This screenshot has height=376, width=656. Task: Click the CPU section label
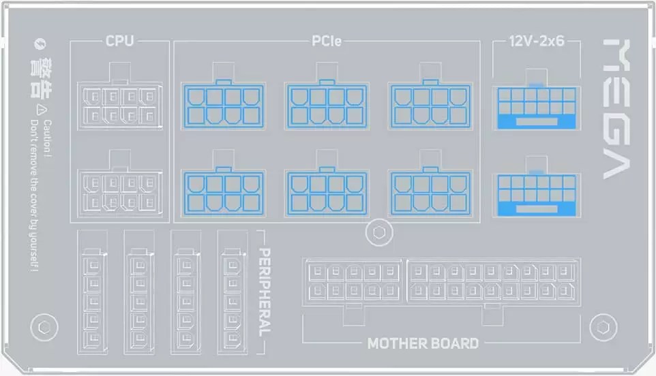[119, 41]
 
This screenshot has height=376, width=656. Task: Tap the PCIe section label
[327, 41]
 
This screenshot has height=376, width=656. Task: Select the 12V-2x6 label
[537, 41]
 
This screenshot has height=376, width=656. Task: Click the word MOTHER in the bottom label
[396, 343]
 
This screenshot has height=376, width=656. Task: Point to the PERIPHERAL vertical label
[265, 292]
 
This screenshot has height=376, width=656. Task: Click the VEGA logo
[616, 108]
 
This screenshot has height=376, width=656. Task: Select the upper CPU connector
[120, 106]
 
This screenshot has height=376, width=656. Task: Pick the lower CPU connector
[120, 193]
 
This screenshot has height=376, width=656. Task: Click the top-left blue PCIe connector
[224, 106]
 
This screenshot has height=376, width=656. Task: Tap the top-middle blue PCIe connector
[327, 106]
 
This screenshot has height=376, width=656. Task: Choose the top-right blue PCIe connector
[430, 106]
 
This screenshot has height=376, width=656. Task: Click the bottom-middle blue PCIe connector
[327, 193]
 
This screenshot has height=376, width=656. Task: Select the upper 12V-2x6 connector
[537, 108]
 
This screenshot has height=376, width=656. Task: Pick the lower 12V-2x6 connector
[537, 194]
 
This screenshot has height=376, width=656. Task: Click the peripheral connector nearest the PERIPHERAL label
[233, 300]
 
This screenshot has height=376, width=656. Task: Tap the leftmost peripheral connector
[93, 300]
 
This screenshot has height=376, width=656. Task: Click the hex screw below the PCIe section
[379, 232]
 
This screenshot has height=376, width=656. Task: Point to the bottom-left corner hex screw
[44, 328]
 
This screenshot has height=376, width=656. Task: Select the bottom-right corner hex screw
[603, 328]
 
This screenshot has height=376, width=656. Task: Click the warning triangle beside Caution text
[41, 110]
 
